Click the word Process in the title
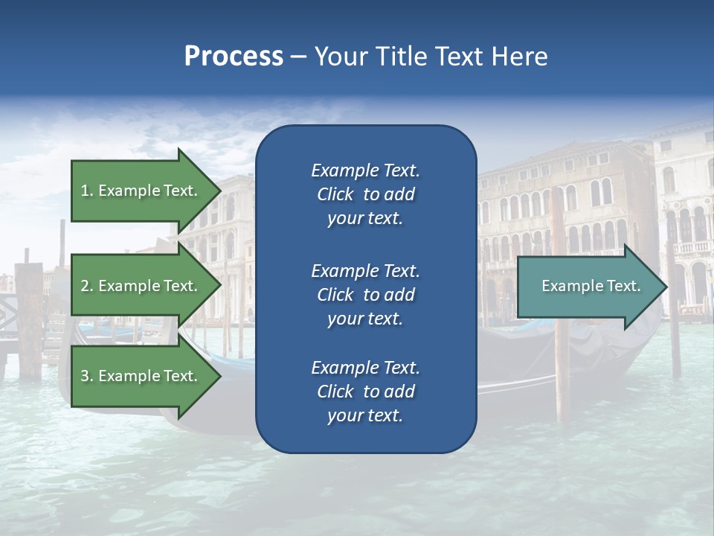click(x=234, y=57)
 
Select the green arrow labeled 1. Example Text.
click(x=141, y=191)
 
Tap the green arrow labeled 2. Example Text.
click(x=141, y=286)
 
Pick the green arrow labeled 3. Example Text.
click(x=141, y=376)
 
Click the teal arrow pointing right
click(x=588, y=287)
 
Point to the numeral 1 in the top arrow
click(x=85, y=191)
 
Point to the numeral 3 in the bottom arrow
click(x=85, y=376)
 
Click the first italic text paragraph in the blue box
click(x=365, y=194)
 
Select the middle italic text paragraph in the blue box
click(x=365, y=295)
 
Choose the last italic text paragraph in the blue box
click(x=365, y=392)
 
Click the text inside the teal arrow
click(x=591, y=286)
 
